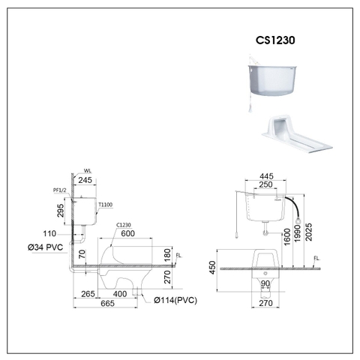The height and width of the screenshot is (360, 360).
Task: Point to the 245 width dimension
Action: pos(84,180)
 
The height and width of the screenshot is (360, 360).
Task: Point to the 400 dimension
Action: pos(119,294)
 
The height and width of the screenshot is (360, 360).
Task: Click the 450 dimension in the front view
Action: pos(213,265)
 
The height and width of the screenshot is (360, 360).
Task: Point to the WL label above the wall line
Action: pos(87,171)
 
